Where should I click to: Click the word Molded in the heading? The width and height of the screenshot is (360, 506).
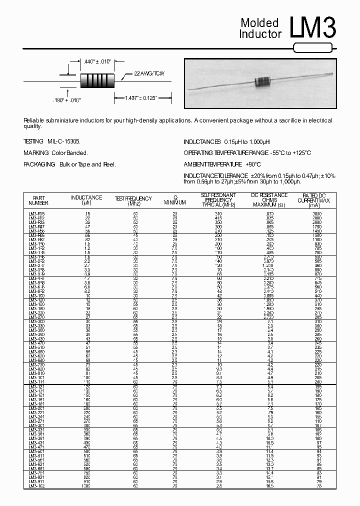point(259,23)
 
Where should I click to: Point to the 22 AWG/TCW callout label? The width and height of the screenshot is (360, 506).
point(149,73)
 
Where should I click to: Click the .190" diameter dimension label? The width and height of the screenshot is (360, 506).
point(66,100)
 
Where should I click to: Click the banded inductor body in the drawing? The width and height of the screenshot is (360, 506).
point(97,80)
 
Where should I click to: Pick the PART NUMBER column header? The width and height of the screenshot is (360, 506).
point(38,200)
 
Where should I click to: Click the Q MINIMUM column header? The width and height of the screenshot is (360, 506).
point(175,200)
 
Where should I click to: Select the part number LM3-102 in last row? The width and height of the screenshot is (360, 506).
point(36,486)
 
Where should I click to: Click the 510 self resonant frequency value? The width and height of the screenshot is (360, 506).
point(217,213)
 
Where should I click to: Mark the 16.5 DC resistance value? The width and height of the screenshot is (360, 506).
point(270,486)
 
